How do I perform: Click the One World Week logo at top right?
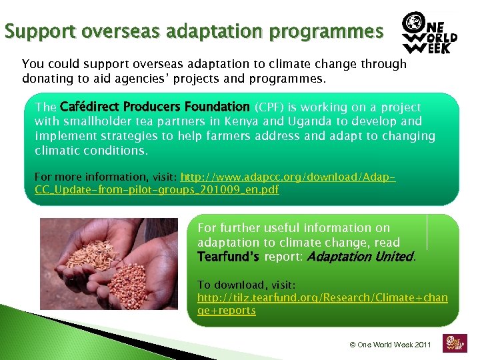coord(429,33)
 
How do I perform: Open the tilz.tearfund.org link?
coord(322,303)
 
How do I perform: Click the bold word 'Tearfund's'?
coord(229,257)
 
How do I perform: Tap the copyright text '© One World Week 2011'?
coord(391,345)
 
